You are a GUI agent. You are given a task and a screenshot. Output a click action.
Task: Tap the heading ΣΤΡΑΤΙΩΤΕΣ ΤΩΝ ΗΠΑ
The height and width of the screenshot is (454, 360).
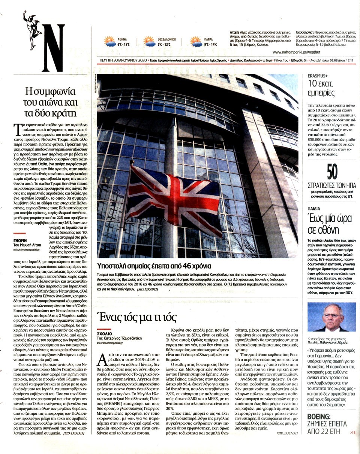click(x=331, y=185)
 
